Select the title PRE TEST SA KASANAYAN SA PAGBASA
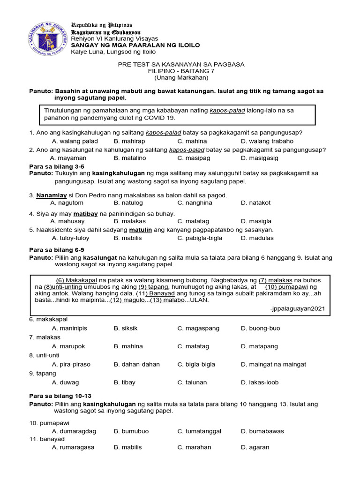pos(181,64)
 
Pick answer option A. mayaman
pos(68,158)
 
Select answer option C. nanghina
pos(195,203)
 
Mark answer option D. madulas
pos(257,238)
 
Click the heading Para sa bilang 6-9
pos(57,250)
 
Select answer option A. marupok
pos(68,346)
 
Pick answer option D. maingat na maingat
pos(273,364)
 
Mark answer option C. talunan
pos(192,382)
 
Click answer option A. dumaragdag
pos(74,431)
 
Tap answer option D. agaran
pos(255,447)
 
